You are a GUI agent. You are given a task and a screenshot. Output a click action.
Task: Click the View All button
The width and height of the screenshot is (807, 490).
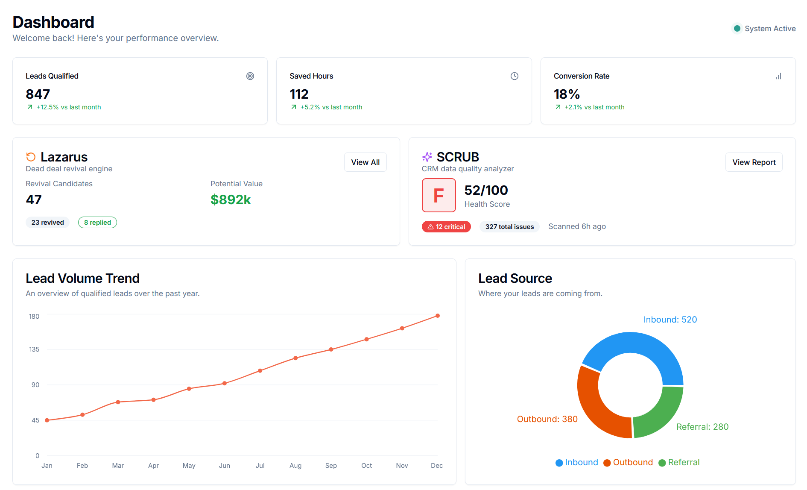point(365,162)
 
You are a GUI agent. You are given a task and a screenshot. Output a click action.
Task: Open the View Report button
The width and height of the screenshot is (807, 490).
point(754,162)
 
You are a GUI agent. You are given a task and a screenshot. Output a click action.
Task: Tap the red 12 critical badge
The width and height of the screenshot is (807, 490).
point(446,227)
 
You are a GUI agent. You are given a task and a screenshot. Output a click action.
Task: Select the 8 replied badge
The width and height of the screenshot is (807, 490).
point(97,223)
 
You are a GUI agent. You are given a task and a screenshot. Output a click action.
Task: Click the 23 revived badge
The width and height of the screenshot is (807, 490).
point(47,223)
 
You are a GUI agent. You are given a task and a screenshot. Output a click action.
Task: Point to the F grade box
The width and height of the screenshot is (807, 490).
point(439,195)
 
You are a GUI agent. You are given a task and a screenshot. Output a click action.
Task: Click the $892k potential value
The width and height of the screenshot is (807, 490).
point(231,200)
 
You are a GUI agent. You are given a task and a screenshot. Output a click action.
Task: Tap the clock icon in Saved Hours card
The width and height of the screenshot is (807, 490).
point(514,76)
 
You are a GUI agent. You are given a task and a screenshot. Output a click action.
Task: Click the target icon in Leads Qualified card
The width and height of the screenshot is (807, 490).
point(250,76)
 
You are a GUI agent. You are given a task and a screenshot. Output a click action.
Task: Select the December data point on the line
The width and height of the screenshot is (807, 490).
point(437,316)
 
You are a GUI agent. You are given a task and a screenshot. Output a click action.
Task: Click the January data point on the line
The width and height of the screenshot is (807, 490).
point(47,420)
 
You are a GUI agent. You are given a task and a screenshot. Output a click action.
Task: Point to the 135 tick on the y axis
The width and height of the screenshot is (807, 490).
point(34,349)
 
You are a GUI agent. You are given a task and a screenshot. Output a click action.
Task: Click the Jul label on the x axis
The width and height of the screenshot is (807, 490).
point(260,466)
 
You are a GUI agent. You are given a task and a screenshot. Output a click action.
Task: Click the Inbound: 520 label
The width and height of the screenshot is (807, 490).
point(670,320)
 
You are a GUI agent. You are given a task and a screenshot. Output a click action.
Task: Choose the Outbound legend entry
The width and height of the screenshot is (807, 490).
point(628,463)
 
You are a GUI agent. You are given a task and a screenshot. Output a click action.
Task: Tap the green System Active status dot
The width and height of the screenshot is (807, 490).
point(737,29)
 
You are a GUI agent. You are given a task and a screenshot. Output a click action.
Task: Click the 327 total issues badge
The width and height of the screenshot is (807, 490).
point(509,227)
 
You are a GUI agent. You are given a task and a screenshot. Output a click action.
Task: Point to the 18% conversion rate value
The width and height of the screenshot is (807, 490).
point(567,94)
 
